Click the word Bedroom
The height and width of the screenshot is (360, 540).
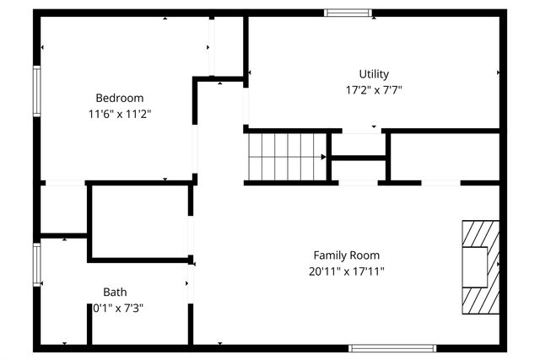(x=119, y=97)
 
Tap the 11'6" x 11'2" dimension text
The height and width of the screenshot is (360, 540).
(x=119, y=112)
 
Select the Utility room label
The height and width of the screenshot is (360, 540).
(x=374, y=74)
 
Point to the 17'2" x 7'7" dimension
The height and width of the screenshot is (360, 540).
(x=374, y=89)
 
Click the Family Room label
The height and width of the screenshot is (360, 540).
(x=346, y=255)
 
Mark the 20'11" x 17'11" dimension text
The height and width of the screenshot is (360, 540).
(x=346, y=271)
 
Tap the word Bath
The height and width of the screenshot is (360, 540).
(x=116, y=293)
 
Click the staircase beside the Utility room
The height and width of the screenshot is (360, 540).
(x=285, y=156)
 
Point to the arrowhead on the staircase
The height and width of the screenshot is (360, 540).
(x=323, y=156)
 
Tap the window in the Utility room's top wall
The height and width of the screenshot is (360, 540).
(x=347, y=13)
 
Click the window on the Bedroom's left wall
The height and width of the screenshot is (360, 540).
(x=37, y=90)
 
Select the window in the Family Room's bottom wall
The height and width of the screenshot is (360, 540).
(x=392, y=347)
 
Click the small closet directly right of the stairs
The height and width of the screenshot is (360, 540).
(x=358, y=169)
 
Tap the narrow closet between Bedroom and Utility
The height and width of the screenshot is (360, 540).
(x=226, y=46)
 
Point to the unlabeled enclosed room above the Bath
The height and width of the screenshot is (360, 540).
(x=138, y=222)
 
